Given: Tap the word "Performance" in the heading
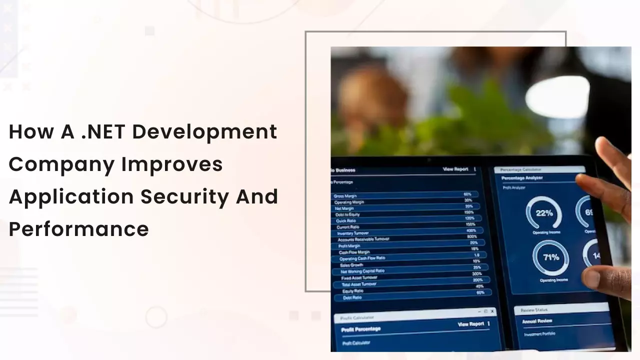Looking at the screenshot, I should pos(79,229).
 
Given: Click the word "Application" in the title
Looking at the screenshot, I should pos(69,196).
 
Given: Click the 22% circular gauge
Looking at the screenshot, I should pos(543,213).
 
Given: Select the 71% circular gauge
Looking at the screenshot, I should pos(550,258).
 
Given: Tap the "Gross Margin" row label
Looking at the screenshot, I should pos(345,196).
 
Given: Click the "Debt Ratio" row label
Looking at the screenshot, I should pos(353,297).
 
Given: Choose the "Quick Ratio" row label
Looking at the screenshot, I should pos(346,220).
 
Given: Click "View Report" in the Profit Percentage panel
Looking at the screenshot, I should pos(471,324).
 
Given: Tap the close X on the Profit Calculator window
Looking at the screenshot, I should pos(492,311).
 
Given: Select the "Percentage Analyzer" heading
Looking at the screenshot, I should pos(522,178).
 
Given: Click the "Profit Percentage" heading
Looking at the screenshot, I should pos(360,329).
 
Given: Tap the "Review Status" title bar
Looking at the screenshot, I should pos(534,310).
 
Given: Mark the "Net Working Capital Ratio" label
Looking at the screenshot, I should pos(362,271).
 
